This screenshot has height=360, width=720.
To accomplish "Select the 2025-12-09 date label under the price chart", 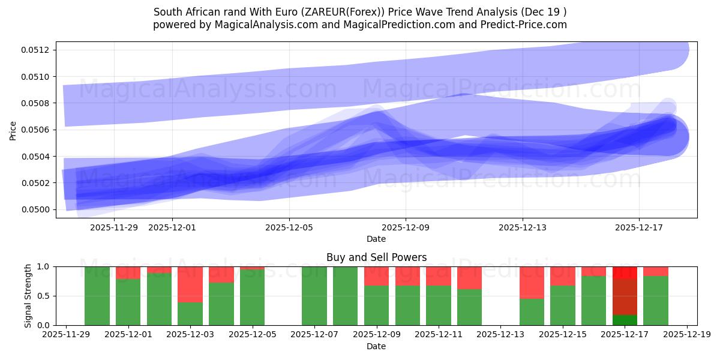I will point(406,227).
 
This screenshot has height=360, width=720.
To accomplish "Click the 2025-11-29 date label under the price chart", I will point(113,227).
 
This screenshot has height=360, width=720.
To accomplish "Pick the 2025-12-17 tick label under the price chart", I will point(638,227).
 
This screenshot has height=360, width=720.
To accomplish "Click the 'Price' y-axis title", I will point(13,130).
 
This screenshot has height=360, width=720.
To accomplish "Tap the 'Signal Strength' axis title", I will point(28,296).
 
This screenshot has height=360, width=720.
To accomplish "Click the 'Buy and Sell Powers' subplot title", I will point(376,257).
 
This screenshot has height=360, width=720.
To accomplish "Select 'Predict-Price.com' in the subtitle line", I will point(526,25).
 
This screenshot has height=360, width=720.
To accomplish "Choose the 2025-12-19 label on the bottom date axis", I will point(686,335).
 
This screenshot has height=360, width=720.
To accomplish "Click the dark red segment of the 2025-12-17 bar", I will point(625,296).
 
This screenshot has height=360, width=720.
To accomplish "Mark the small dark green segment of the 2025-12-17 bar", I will point(625,320).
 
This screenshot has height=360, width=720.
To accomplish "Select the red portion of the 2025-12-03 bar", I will point(190,284).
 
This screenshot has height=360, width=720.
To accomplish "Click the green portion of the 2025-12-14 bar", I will point(532,312).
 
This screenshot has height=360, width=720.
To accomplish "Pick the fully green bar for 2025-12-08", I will point(345,296).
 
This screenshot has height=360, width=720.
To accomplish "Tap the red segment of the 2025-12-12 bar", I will point(469,278).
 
